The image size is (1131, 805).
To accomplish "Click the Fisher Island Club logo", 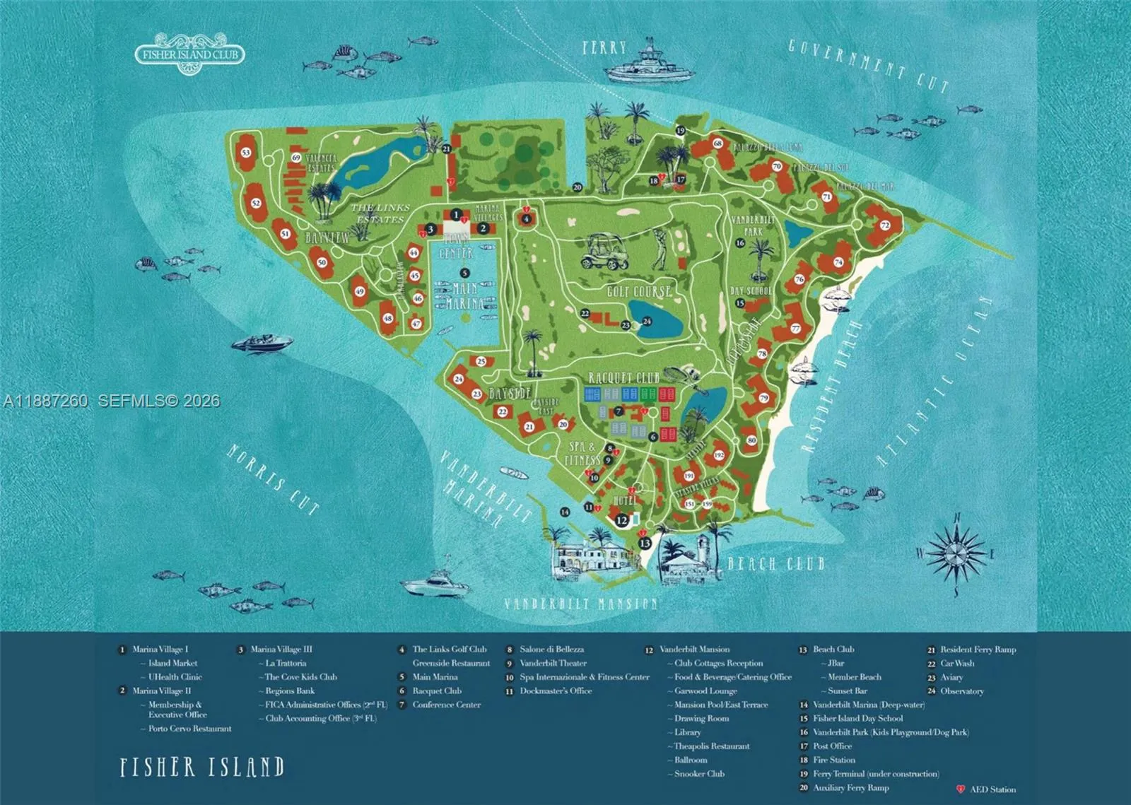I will tap(189, 54).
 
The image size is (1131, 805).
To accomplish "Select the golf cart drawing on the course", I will tap(605, 252).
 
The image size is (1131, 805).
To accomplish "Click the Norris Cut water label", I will tap(272, 479).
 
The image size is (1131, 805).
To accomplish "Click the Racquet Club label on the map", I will tap(623, 378).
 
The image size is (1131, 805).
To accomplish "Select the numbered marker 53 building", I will tap(246, 153).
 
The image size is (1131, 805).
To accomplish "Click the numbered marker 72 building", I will tap(884, 225).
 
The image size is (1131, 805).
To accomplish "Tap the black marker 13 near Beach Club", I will tap(645, 543).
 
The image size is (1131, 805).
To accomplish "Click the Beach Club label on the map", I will tap(775, 563).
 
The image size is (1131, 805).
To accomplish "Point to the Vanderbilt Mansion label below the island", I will tap(580, 604).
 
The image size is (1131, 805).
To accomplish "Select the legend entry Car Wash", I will tap(956, 663).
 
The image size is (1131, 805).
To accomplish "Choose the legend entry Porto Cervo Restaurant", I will tap(189, 729).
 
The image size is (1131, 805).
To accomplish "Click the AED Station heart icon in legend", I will tap(961, 789).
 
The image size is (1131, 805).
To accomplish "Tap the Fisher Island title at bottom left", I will tap(202, 767).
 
